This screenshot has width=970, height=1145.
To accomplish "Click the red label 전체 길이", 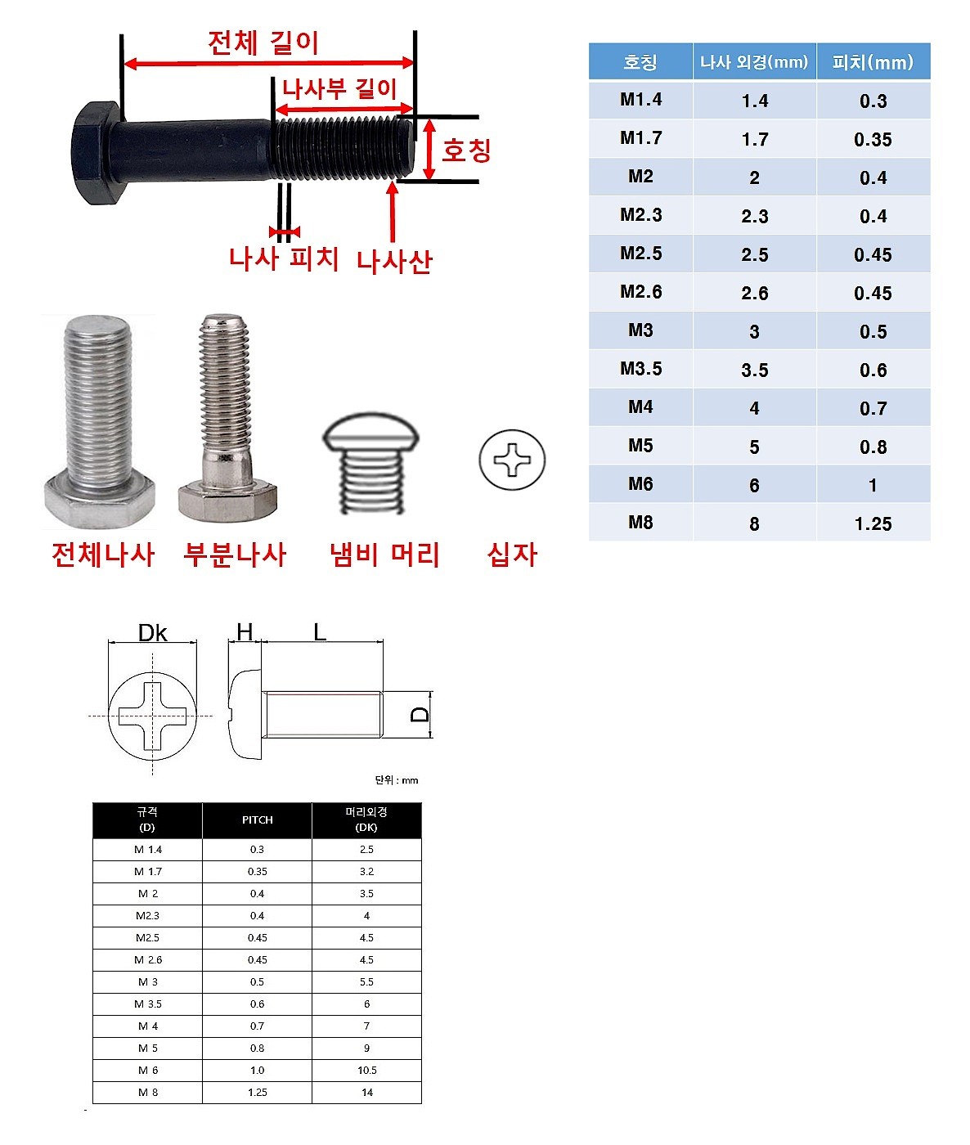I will tap(263, 43).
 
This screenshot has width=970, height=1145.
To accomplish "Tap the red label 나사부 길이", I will tap(339, 88).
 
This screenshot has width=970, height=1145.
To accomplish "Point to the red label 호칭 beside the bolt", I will tap(466, 150).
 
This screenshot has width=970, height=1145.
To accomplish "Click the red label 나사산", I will tap(393, 262).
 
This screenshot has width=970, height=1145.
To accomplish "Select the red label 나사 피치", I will tap(283, 258).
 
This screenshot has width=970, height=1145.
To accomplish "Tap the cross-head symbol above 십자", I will tap(512, 460).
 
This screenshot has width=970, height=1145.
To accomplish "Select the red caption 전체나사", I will tap(102, 555).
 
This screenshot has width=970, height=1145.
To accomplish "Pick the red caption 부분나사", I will tap(235, 555).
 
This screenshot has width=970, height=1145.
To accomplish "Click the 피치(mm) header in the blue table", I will tap(873, 62).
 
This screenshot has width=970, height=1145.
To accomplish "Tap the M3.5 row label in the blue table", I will tap(640, 369).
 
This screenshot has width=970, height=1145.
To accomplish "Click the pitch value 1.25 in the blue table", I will tap(873, 523).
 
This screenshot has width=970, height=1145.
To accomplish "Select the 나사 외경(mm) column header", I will tap(754, 62).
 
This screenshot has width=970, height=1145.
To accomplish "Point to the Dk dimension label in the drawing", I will tap(152, 633).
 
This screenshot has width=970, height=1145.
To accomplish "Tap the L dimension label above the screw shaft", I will tap(320, 631).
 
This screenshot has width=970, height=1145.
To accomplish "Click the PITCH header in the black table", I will tap(257, 820).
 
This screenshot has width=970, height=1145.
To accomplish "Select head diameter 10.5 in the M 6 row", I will tap(366, 1071).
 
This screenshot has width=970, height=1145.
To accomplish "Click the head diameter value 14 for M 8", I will tap(366, 1093).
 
